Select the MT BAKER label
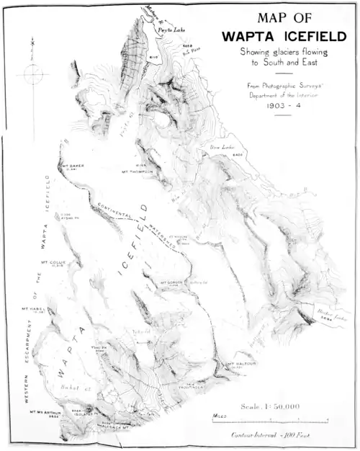(x=73, y=164)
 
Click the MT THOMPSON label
(x=138, y=171)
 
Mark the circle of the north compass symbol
(x=34, y=73)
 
